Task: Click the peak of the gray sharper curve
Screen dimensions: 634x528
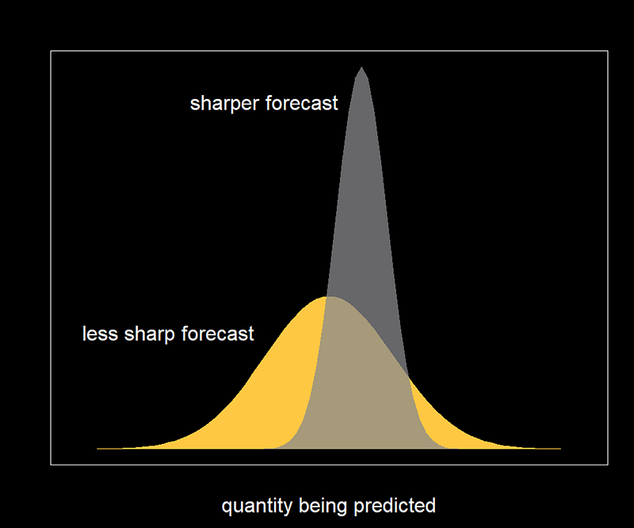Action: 361,67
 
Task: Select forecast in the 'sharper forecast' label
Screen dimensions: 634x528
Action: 302,103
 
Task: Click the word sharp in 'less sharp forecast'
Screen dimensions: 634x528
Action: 150,335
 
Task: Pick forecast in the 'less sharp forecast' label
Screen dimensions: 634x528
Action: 218,334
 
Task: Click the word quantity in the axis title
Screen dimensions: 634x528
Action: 257,507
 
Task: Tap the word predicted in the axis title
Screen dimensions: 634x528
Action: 395,506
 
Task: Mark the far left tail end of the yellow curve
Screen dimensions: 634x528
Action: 97,448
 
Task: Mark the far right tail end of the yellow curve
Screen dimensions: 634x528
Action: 561,448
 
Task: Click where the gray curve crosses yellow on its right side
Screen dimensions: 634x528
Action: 409,377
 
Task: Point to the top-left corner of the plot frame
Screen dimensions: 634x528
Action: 51,51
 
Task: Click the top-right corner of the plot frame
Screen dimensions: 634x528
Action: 608,51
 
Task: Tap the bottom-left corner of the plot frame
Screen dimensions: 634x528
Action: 51,465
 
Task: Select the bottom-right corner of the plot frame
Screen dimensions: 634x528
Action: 608,465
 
